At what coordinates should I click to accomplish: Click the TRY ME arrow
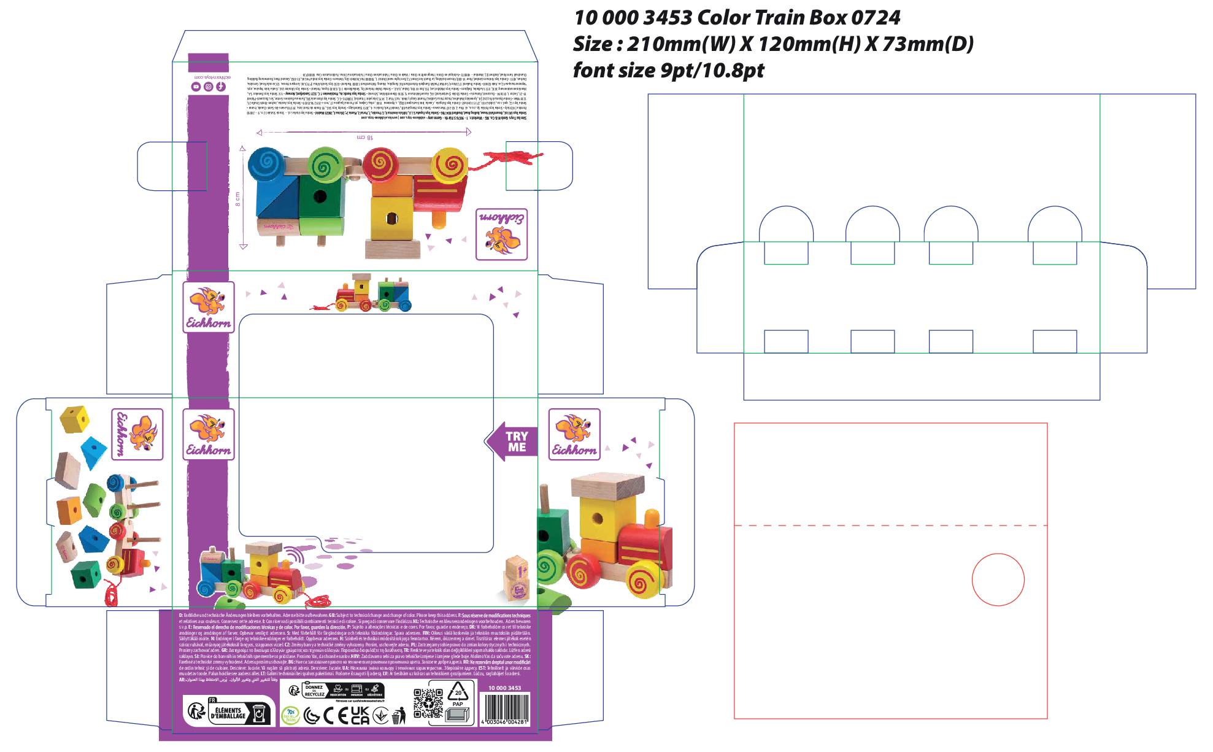click(x=512, y=441)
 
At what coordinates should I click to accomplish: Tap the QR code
click(x=428, y=704)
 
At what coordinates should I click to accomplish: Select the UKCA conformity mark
click(x=360, y=715)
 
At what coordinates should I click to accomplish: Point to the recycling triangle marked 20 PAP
click(x=458, y=694)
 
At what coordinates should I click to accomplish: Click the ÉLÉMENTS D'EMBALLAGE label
click(x=229, y=713)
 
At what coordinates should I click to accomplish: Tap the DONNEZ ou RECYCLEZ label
click(x=314, y=691)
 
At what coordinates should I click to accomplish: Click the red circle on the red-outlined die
click(x=998, y=579)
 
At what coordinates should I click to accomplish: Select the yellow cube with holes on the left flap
click(x=74, y=419)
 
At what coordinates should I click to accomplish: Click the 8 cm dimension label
click(x=237, y=198)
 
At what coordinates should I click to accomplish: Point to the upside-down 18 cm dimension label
click(x=365, y=137)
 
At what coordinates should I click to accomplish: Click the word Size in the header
click(x=593, y=44)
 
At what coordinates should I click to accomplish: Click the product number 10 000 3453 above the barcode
click(x=504, y=688)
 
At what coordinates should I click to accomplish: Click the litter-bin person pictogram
click(x=399, y=715)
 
